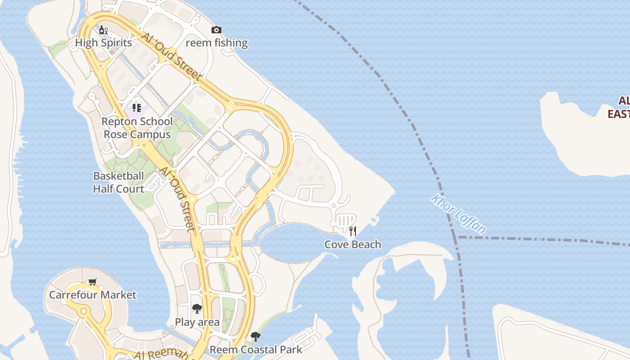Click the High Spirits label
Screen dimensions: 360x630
click(103, 43)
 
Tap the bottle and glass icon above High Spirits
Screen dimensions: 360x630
click(103, 30)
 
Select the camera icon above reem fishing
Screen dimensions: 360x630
click(216, 30)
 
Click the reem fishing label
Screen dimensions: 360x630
click(216, 43)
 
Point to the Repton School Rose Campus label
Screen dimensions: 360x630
click(137, 128)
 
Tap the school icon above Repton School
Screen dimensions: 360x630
click(137, 108)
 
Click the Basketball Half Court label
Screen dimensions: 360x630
click(118, 182)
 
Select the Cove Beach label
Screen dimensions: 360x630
click(353, 244)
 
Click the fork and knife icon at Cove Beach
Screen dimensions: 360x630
click(353, 231)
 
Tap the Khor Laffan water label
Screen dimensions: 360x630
click(458, 214)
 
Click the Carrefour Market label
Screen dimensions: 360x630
click(92, 295)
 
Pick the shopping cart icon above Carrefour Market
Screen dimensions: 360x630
click(92, 282)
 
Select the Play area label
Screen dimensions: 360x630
click(197, 322)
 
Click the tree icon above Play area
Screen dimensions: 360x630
click(197, 309)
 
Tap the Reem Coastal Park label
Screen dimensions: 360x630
click(256, 349)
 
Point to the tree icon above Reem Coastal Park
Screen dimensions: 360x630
click(255, 336)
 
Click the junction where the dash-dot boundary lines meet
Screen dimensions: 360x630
click(457, 237)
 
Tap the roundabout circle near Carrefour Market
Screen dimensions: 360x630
click(83, 311)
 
